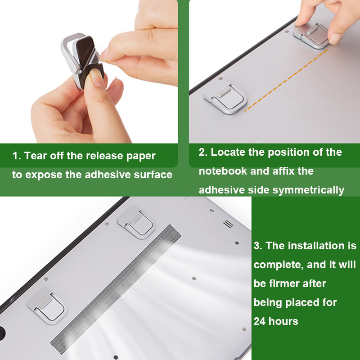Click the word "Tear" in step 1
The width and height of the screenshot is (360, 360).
point(34,156)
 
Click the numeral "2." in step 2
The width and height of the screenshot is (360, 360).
point(203,152)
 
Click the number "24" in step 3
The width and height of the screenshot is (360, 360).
point(260,321)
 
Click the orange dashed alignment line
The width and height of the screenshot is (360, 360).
point(286,81)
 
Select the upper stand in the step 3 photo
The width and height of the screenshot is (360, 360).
point(137,222)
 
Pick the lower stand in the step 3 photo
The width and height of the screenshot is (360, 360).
point(47,306)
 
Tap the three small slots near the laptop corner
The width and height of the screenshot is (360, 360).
point(228,224)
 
